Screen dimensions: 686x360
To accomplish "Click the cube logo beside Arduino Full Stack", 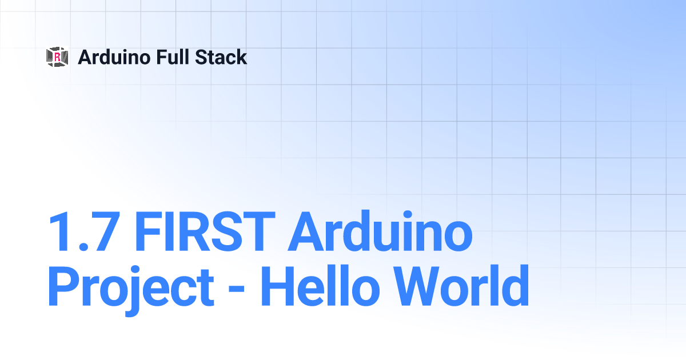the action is click(57, 57).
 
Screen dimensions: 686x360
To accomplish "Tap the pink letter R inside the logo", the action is click(57, 57).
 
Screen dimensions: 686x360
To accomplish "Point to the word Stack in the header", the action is click(221, 57).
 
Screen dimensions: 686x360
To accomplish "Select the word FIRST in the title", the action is click(205, 231).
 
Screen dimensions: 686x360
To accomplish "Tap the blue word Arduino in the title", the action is click(380, 230).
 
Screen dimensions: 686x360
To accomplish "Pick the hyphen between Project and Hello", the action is click(237, 289).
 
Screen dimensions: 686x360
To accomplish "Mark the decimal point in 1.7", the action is click(83, 246).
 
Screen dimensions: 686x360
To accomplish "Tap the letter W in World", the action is click(418, 286).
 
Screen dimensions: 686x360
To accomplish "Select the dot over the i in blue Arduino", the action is click(408, 215).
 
